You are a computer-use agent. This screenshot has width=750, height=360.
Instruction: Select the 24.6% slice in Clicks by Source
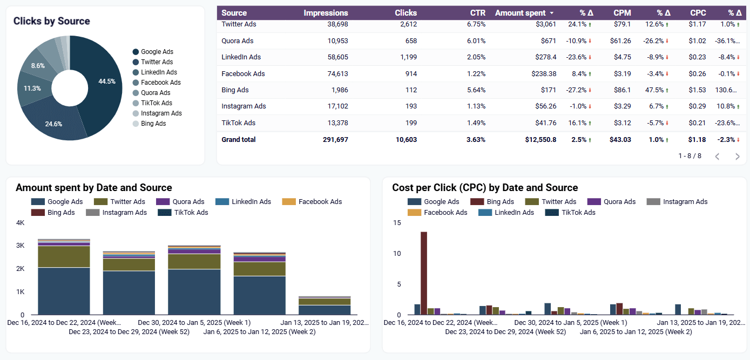(54, 124)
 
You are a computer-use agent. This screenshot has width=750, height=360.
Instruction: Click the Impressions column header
(326, 13)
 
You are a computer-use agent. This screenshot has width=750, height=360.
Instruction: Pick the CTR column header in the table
(477, 13)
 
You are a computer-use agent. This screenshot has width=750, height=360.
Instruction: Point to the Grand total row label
(238, 140)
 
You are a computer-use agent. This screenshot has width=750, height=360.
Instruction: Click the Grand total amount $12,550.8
(540, 140)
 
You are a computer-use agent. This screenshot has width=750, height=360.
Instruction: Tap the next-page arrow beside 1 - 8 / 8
(737, 157)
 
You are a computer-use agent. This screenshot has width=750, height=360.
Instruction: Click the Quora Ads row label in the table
(237, 41)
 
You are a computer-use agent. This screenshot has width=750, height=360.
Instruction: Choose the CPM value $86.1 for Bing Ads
(623, 90)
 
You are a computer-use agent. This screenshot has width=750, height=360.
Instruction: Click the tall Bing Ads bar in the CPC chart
(424, 273)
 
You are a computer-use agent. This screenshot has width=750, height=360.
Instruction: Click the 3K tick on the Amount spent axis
(20, 246)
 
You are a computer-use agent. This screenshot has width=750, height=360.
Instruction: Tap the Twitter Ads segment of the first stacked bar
(64, 256)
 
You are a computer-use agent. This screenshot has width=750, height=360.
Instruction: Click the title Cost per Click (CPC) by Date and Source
(484, 188)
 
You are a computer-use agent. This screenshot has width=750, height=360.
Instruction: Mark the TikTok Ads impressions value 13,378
(336, 123)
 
